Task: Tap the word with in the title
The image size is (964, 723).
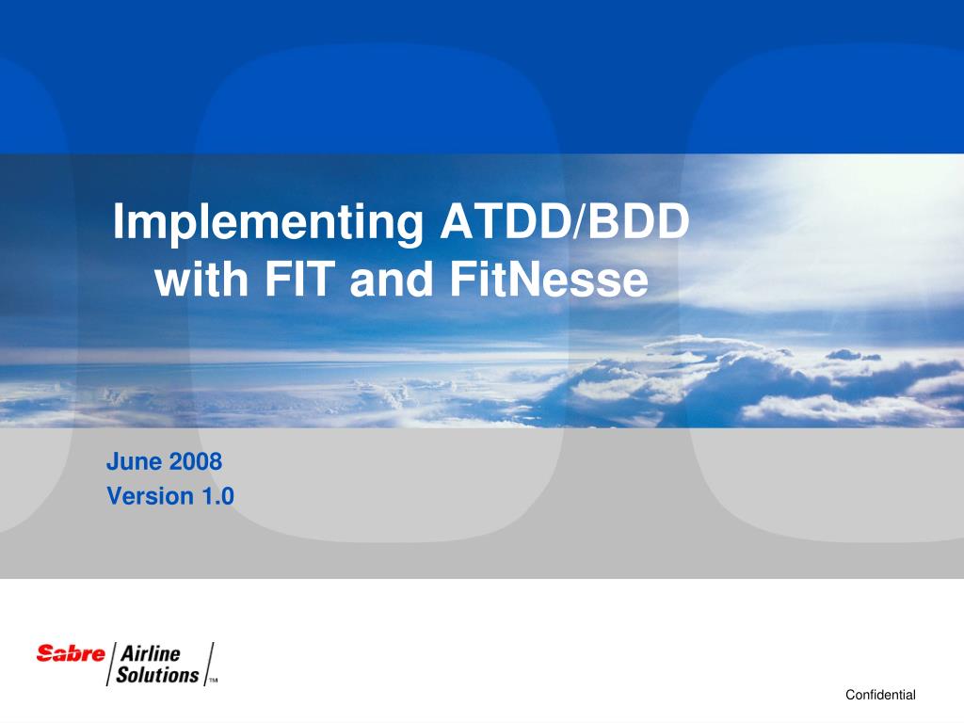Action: (201, 279)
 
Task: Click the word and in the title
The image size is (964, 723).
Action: (391, 279)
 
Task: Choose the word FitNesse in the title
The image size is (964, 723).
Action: (549, 279)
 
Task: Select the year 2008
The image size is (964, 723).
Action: (196, 461)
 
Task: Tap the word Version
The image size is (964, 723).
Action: (151, 495)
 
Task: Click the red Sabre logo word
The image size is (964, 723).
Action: (71, 653)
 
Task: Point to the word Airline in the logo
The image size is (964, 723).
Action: (150, 653)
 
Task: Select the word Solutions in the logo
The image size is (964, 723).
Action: (157, 674)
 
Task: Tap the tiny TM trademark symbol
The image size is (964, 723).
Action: (214, 681)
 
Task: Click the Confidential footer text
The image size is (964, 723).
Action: (880, 695)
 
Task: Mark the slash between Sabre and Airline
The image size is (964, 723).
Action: (111, 664)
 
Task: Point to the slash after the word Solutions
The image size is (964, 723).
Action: (209, 664)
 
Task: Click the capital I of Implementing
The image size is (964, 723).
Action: (118, 220)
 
